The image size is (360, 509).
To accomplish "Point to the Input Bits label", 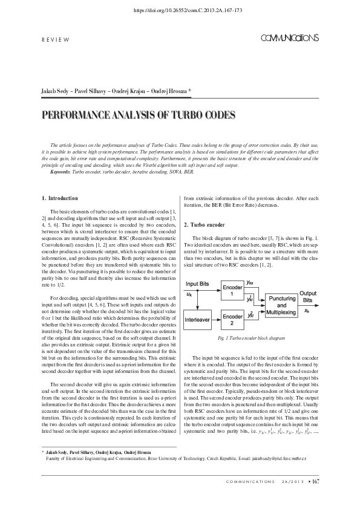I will [198, 284].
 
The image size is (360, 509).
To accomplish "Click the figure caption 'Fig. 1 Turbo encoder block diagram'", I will [251, 339].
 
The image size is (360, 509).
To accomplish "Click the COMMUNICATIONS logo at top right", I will [289, 38].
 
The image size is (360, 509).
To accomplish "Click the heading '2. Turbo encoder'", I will [205, 225].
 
